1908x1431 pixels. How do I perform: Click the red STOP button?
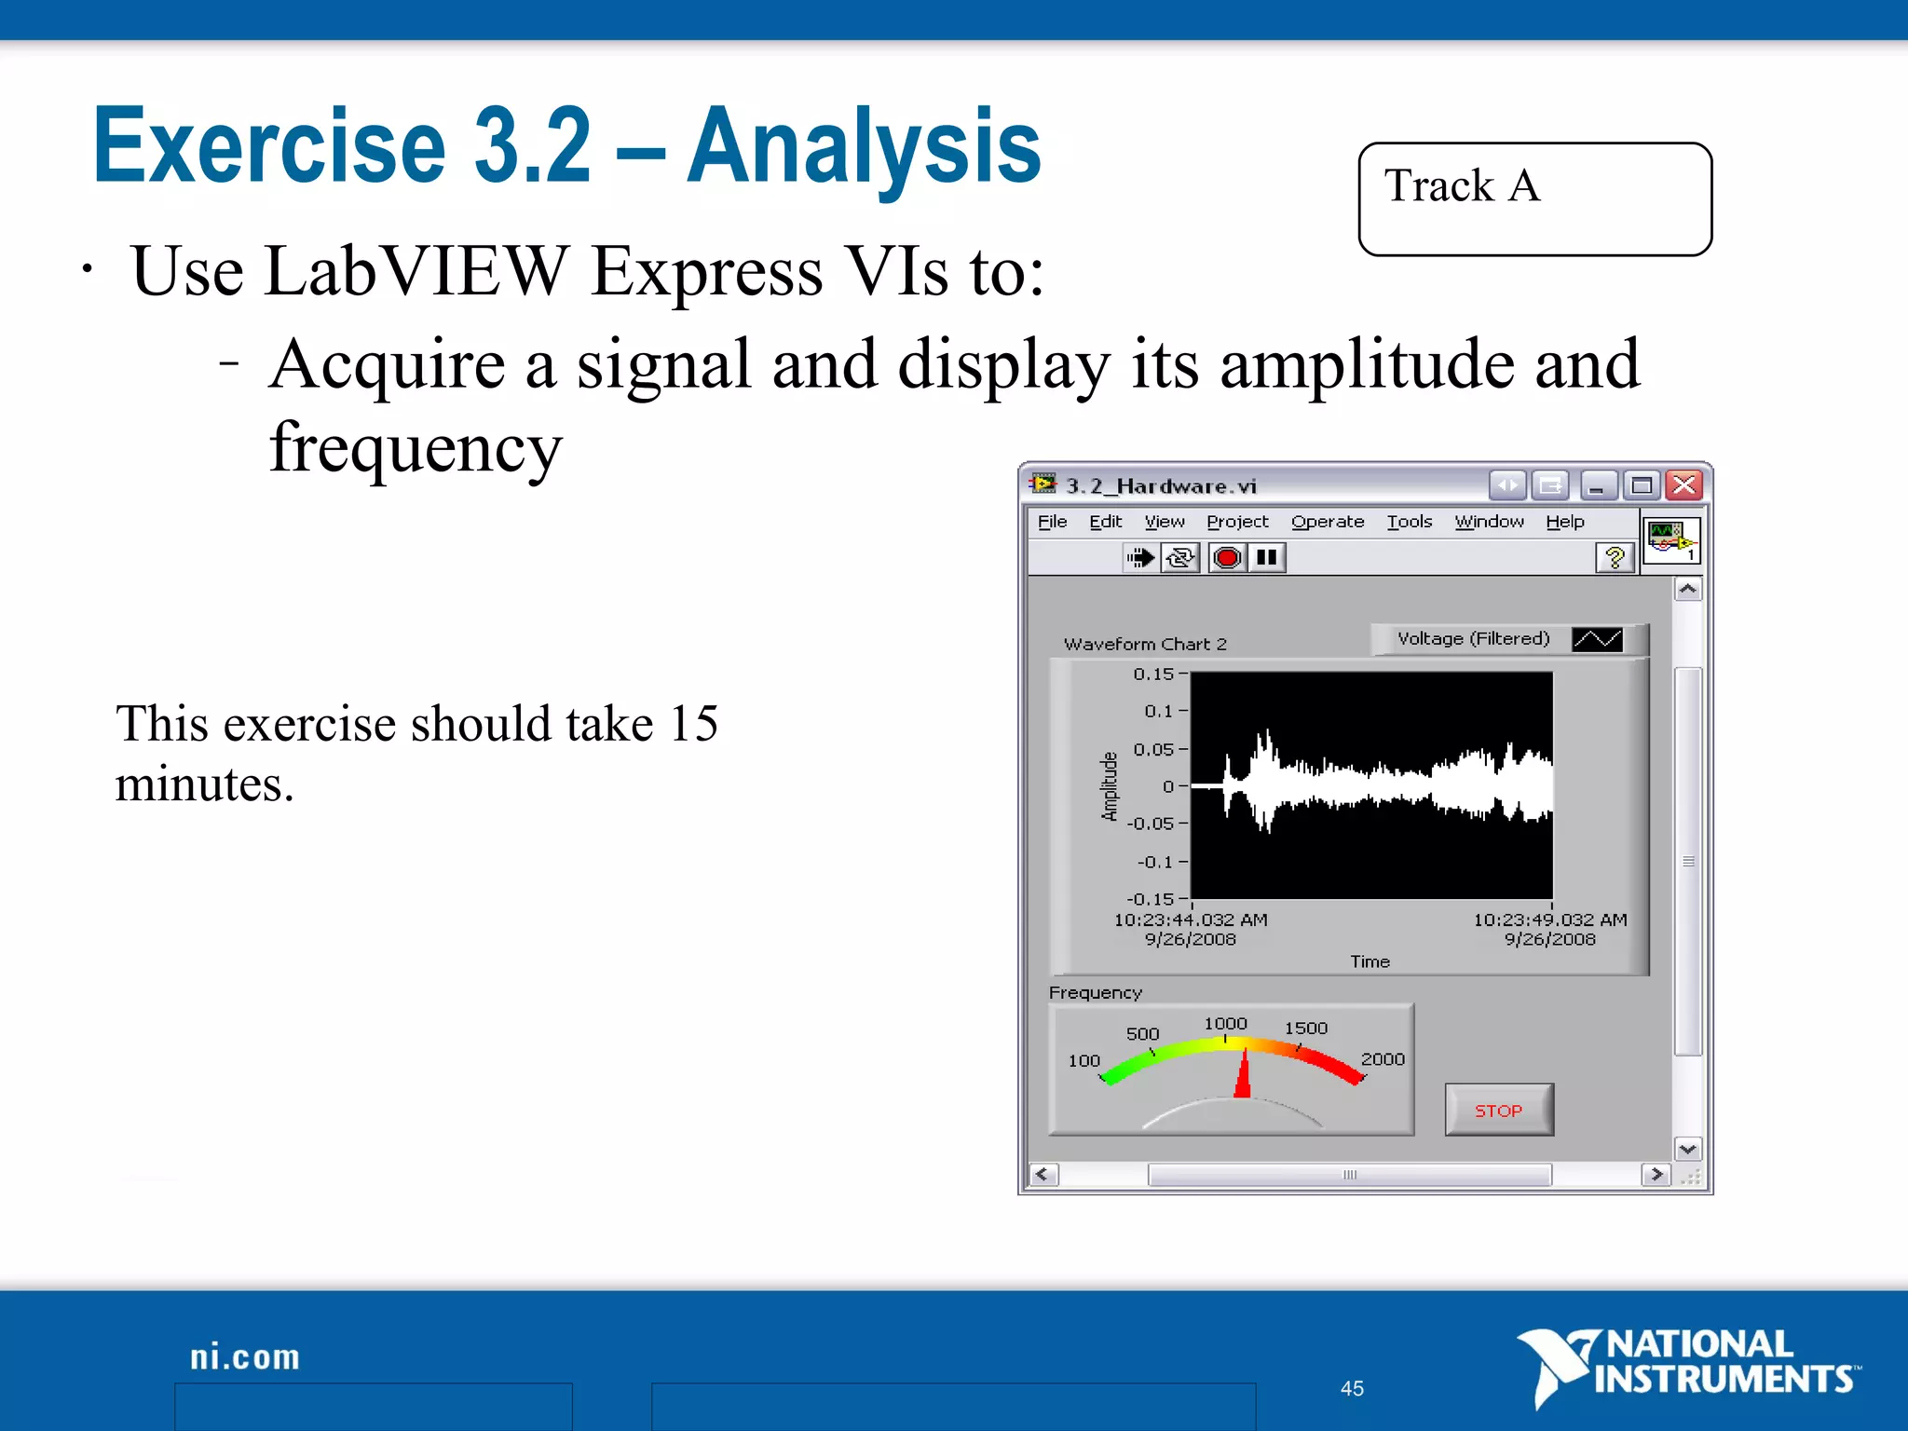click(x=1498, y=1110)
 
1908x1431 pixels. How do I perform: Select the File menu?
click(x=1052, y=522)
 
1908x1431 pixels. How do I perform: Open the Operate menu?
click(x=1327, y=522)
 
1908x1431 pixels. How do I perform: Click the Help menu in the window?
click(x=1564, y=522)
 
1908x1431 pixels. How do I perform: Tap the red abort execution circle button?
click(x=1227, y=558)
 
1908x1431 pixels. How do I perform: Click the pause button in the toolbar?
click(x=1266, y=558)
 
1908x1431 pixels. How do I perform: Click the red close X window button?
click(x=1684, y=485)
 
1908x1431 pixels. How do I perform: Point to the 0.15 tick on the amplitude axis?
click(x=1153, y=674)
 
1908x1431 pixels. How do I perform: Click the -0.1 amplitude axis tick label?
click(x=1154, y=862)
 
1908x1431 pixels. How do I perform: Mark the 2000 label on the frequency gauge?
click(x=1382, y=1059)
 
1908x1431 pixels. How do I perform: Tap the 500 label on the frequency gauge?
click(x=1142, y=1034)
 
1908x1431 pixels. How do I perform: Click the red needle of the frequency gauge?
click(x=1243, y=1077)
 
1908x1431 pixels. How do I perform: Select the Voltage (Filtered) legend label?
click(x=1473, y=639)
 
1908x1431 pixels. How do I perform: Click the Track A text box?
click(x=1534, y=198)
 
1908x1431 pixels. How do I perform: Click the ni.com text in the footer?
click(x=245, y=1357)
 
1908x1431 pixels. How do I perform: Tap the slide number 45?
click(x=1352, y=1388)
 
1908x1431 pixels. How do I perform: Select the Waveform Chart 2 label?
click(x=1145, y=644)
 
